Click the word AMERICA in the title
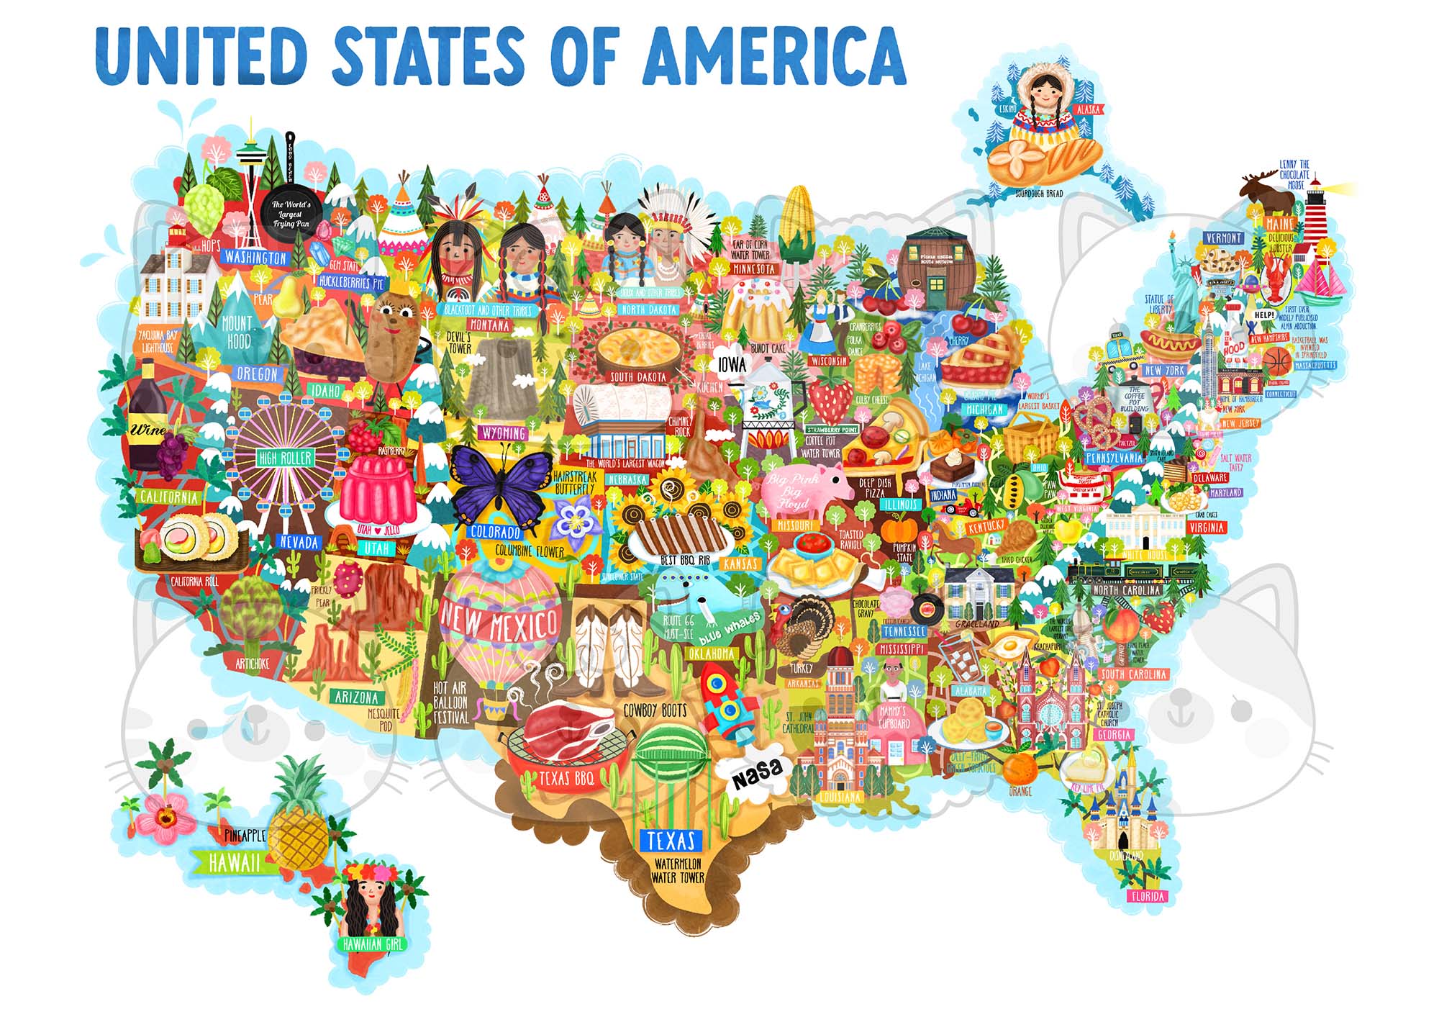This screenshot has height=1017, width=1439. tap(773, 55)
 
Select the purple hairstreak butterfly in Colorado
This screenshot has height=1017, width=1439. tap(496, 484)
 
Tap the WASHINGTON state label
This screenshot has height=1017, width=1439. tap(255, 257)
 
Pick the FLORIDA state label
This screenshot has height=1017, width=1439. tap(1147, 896)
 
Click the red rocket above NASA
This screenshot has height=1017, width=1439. tap(727, 702)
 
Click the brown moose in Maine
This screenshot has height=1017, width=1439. tap(1265, 191)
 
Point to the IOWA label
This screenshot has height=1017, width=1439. tap(732, 365)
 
